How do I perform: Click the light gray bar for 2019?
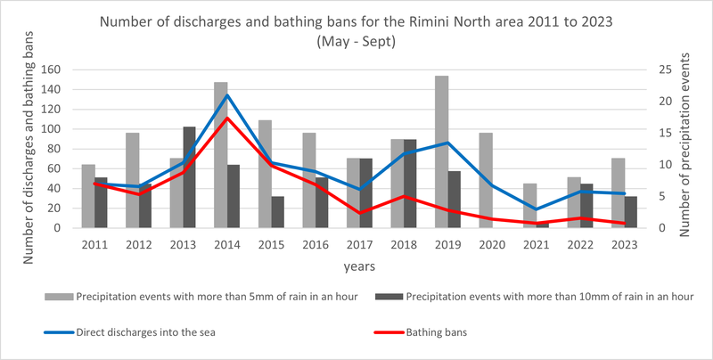pos(441,151)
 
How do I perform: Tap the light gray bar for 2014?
pos(221,155)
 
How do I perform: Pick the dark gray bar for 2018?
pos(410,184)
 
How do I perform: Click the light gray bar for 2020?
pos(486,181)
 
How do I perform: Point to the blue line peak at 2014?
pos(227,95)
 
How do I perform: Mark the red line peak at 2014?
pos(227,118)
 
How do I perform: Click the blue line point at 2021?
pos(537,209)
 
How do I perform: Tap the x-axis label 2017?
pos(360,244)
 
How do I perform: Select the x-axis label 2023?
pos(625,244)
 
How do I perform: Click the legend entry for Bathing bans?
pos(421,332)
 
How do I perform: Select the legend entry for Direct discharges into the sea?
pos(130,332)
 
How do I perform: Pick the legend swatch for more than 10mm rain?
pos(389,297)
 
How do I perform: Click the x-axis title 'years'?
pos(359,266)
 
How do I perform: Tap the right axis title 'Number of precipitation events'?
pos(684,144)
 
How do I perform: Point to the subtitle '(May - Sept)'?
pos(356,41)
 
